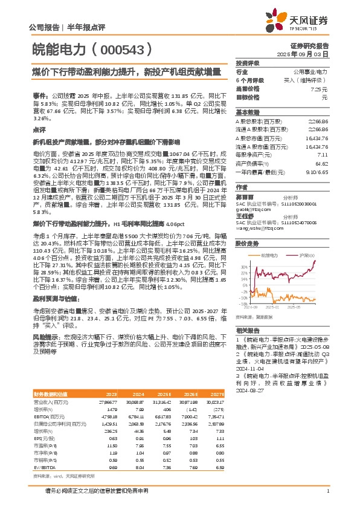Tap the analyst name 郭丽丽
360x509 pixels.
tap(245, 197)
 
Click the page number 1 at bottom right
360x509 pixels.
tap(327, 490)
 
